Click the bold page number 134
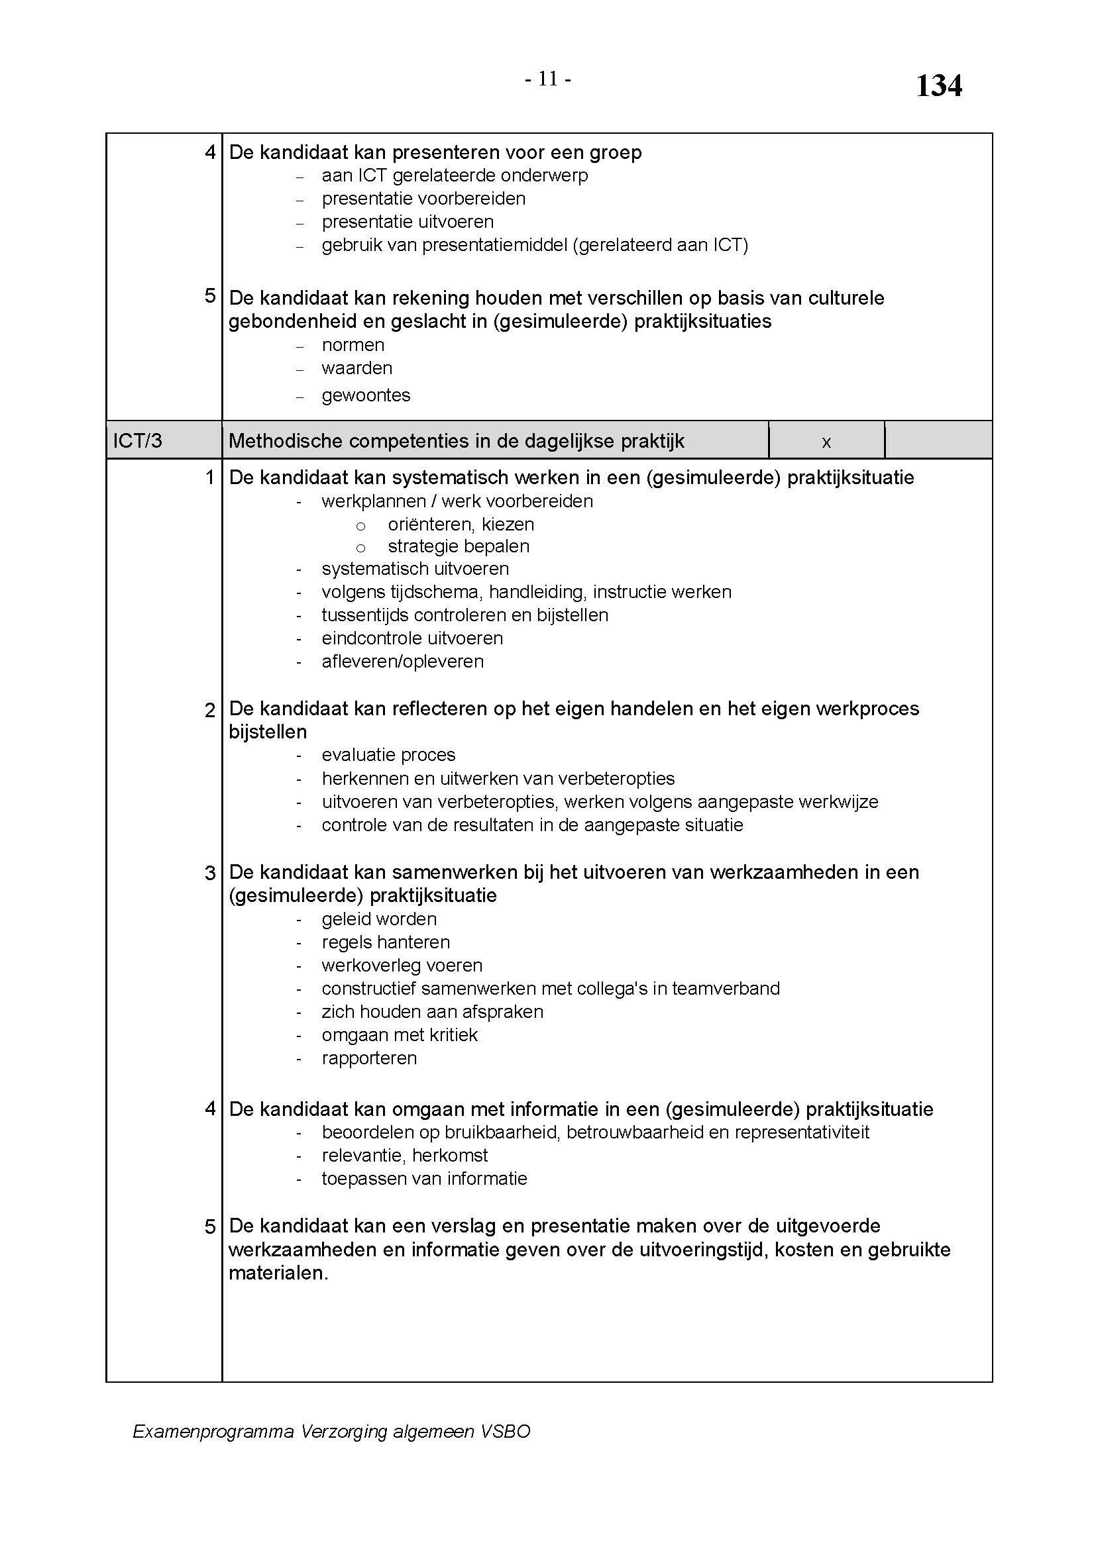coord(938,86)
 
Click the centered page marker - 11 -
coord(548,79)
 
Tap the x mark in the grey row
coord(826,442)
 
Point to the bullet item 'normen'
coord(353,345)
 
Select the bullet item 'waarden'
coord(357,368)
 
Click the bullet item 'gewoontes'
coord(366,395)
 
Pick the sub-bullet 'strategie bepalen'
coord(459,546)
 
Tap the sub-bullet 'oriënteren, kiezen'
coord(461,525)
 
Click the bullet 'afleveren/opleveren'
coord(403,661)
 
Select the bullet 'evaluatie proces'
coord(388,754)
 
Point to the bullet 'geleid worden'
coord(379,919)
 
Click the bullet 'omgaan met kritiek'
coord(400,1034)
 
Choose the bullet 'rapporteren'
coord(369,1058)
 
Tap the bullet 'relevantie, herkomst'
coord(405,1155)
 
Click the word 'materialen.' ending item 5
coord(278,1273)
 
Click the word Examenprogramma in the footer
coord(213,1431)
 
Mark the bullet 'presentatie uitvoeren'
coord(408,221)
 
